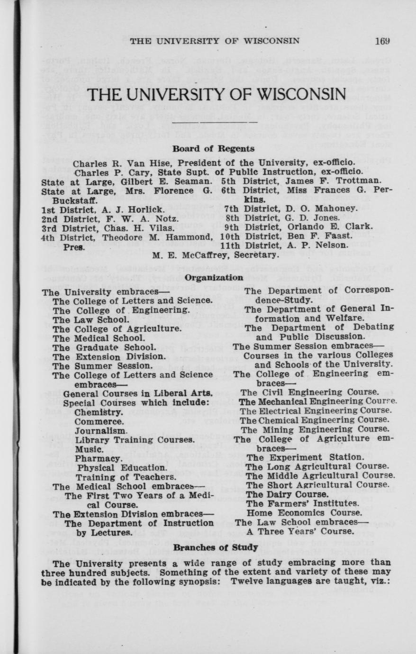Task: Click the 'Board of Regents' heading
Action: [x=213, y=149]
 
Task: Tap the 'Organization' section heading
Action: [x=214, y=278]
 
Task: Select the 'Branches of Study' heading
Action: [x=216, y=547]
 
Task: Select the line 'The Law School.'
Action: [x=91, y=319]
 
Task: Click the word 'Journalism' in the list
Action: [x=101, y=431]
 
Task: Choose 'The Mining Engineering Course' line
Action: [x=315, y=429]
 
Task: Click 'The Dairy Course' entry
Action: [x=280, y=494]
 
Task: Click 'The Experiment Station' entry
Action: [x=305, y=457]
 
